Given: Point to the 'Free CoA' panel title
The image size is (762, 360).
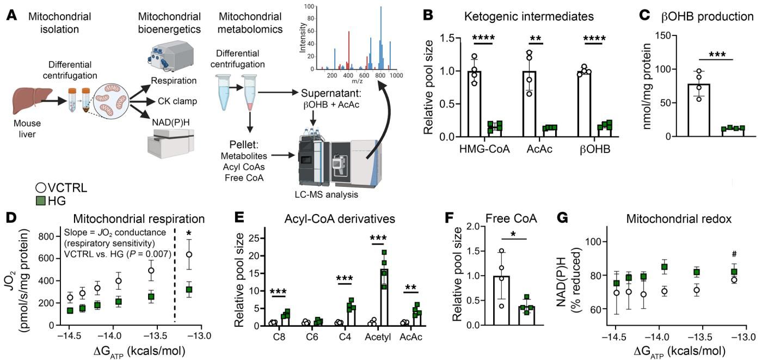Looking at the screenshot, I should tap(511, 219).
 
